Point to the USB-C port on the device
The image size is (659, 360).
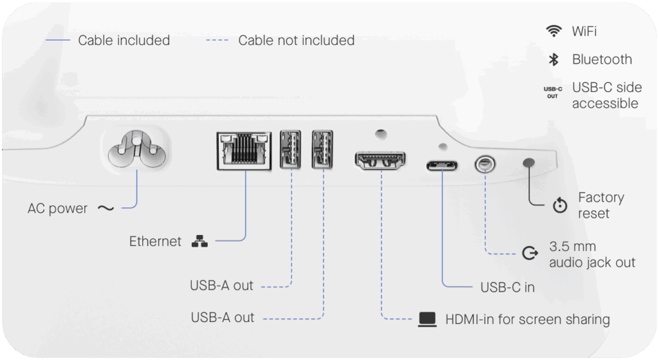click(442, 164)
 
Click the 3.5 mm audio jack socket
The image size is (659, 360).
click(485, 164)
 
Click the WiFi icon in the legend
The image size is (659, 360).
click(553, 31)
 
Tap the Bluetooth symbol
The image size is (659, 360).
click(553, 59)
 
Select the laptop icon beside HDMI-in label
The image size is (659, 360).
click(427, 319)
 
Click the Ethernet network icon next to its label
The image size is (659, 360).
click(200, 242)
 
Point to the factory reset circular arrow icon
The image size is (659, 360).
click(560, 206)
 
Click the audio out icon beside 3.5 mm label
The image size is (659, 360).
click(530, 254)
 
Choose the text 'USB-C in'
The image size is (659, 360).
click(508, 287)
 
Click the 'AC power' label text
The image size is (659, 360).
click(57, 209)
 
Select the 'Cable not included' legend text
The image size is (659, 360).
click(296, 41)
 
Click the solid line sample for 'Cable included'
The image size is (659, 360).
click(57, 41)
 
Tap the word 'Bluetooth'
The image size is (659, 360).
click(602, 59)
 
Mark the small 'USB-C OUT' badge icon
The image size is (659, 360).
click(553, 92)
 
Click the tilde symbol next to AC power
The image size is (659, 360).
click(105, 208)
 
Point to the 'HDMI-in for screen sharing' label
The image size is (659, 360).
click(527, 319)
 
